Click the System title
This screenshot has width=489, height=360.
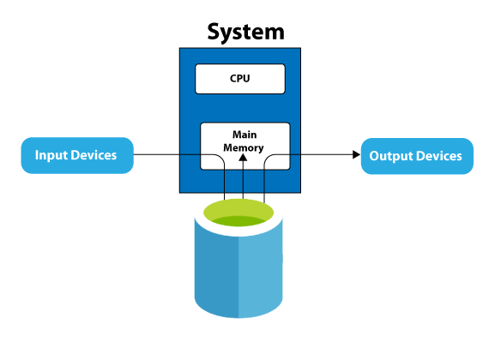point(245,33)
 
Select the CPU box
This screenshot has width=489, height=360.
point(240,79)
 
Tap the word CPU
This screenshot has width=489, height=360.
point(240,78)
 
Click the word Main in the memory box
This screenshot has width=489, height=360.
point(244,135)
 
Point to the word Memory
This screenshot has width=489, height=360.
point(244,147)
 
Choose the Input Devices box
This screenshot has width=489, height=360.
point(77,155)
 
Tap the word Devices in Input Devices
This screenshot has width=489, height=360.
point(92,155)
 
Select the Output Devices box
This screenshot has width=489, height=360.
point(417,156)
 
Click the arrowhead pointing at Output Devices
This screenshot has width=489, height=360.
point(357,154)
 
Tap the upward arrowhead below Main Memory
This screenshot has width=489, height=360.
point(243,158)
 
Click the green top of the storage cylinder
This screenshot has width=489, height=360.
point(238,213)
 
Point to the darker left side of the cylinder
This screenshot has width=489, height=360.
point(216,270)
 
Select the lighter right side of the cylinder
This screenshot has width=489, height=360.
point(261,270)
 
